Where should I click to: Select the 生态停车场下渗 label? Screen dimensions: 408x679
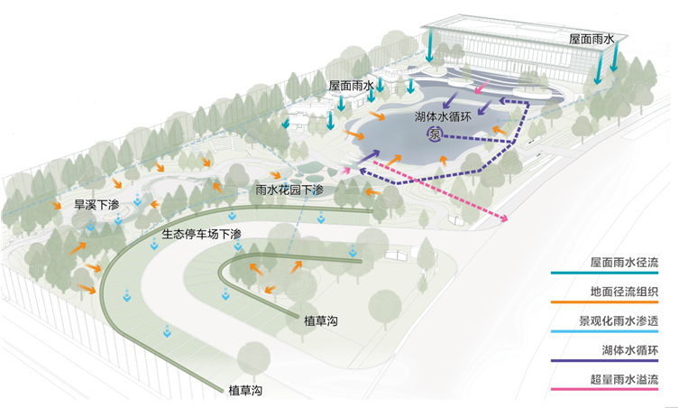click(x=203, y=233)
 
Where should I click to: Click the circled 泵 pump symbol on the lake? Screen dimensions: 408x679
click(x=436, y=135)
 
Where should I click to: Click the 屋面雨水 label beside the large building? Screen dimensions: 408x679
click(x=592, y=40)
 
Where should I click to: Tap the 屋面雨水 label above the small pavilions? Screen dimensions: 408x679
click(x=351, y=84)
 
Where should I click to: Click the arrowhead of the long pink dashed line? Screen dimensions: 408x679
click(x=507, y=219)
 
